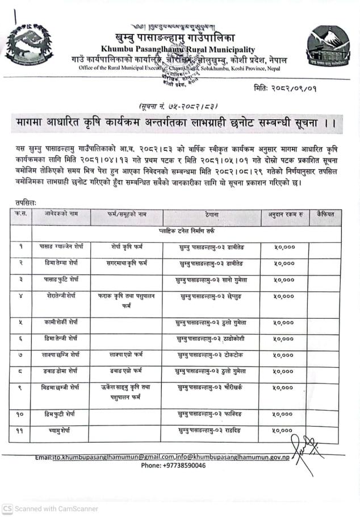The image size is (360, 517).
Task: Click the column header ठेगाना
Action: click(x=212, y=215)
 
